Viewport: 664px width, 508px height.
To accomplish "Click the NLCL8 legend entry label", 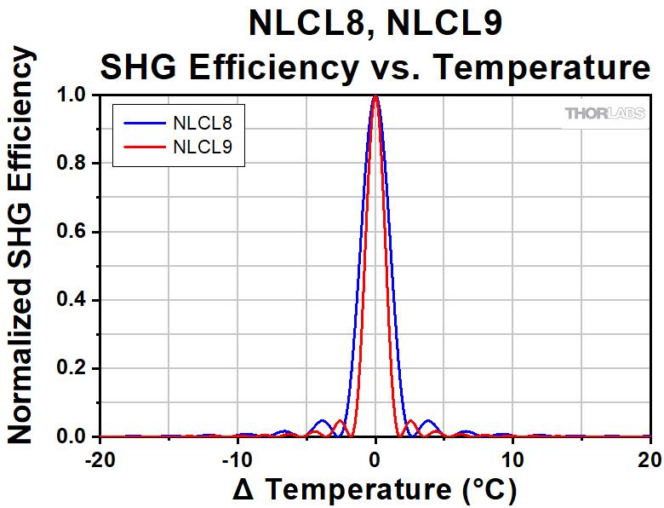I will [202, 124].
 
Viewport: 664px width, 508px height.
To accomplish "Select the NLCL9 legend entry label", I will [202, 147].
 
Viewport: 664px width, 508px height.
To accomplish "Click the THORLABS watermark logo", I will [605, 113].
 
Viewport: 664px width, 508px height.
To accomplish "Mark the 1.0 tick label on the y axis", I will [74, 95].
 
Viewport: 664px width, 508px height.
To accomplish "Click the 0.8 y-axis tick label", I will [74, 164].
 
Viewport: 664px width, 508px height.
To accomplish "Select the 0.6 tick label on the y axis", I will [74, 232].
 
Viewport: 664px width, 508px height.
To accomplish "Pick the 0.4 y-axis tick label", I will [74, 300].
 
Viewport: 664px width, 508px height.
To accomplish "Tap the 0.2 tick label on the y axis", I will [74, 368].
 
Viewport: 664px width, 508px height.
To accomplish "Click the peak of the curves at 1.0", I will [375, 96].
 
